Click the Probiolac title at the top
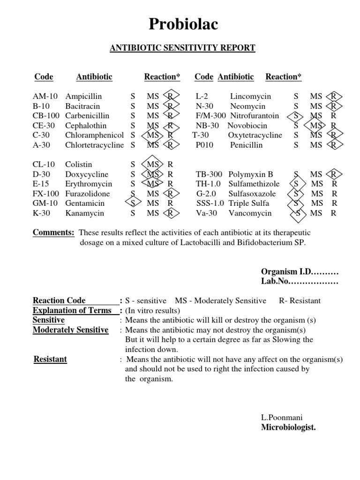pyautogui.click(x=183, y=24)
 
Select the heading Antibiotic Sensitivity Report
pyautogui.click(x=183, y=48)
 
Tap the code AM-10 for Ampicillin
pyautogui.click(x=45, y=96)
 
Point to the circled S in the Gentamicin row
pyautogui.click(x=133, y=203)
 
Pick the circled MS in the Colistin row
pyautogui.click(x=153, y=165)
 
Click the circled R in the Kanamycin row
pyautogui.click(x=170, y=213)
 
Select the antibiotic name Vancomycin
pyautogui.click(x=250, y=213)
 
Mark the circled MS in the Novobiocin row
pyautogui.click(x=316, y=126)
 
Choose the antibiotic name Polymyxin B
pyautogui.click(x=250, y=174)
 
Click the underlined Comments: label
pyautogui.click(x=53, y=233)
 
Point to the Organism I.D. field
pyautogui.click(x=300, y=272)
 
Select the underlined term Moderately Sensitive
pyautogui.click(x=70, y=330)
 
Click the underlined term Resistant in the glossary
pyautogui.click(x=50, y=360)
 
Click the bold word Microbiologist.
pyautogui.click(x=288, y=427)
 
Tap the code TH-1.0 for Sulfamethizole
pyautogui.click(x=210, y=184)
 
